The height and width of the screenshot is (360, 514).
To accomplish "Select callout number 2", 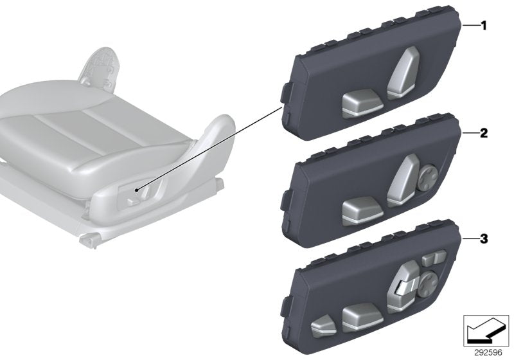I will pos(484,134).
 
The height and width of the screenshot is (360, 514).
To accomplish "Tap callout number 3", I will pos(484,240).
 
